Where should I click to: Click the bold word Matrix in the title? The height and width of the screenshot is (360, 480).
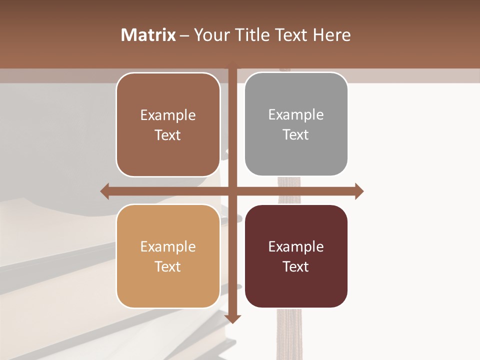[x=148, y=35]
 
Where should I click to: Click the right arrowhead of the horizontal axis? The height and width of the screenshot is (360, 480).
[x=359, y=191]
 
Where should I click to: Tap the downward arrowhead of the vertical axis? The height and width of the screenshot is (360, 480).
[x=233, y=318]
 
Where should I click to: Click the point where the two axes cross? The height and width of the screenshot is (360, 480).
[x=233, y=191]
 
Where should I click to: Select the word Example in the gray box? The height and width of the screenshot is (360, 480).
[x=296, y=114]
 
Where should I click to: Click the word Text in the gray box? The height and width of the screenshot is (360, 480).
[x=296, y=134]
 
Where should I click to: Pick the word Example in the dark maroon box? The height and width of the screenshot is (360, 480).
[x=296, y=246]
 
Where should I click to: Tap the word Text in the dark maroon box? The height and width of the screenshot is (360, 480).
[x=296, y=266]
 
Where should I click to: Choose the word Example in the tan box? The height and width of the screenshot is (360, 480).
[x=168, y=246]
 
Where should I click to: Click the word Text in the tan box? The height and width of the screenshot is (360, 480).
[x=168, y=266]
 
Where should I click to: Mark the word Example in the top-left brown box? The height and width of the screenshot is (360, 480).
[x=168, y=115]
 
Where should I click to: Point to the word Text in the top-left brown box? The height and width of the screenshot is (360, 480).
[x=168, y=135]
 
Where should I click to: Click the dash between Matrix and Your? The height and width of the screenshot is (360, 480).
[x=184, y=35]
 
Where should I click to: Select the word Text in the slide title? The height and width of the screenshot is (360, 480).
[x=292, y=35]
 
